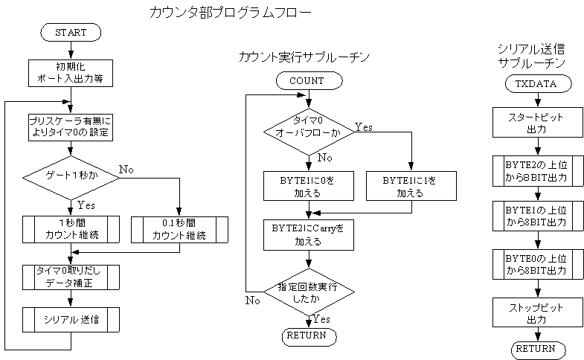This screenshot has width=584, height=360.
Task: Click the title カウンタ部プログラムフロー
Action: coord(230,13)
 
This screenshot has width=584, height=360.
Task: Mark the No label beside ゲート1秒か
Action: coord(126,170)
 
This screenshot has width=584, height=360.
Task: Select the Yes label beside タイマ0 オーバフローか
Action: coord(364,127)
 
